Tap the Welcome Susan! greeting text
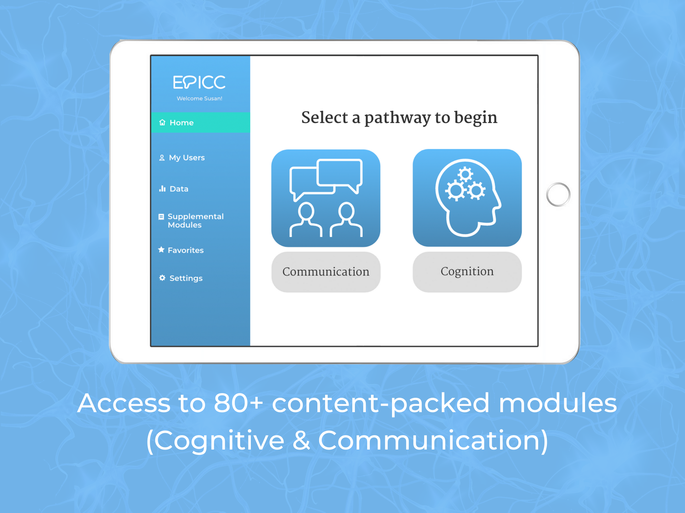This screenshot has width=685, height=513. (x=199, y=98)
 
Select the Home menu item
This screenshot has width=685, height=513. (x=200, y=122)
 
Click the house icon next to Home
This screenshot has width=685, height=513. (x=162, y=122)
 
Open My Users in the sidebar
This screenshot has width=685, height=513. (x=187, y=158)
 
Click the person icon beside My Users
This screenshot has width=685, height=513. (x=162, y=158)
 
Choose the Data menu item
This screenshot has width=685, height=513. (x=179, y=189)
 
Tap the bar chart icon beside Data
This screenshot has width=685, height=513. (x=162, y=188)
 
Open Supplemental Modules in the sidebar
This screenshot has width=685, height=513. (x=195, y=221)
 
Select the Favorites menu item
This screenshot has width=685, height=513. (x=186, y=250)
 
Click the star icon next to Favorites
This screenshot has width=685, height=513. (x=161, y=249)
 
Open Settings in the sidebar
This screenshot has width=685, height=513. (x=186, y=278)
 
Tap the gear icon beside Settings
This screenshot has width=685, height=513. (x=162, y=278)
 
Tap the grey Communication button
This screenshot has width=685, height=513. (x=326, y=272)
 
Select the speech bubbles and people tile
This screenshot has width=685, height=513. (x=326, y=198)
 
